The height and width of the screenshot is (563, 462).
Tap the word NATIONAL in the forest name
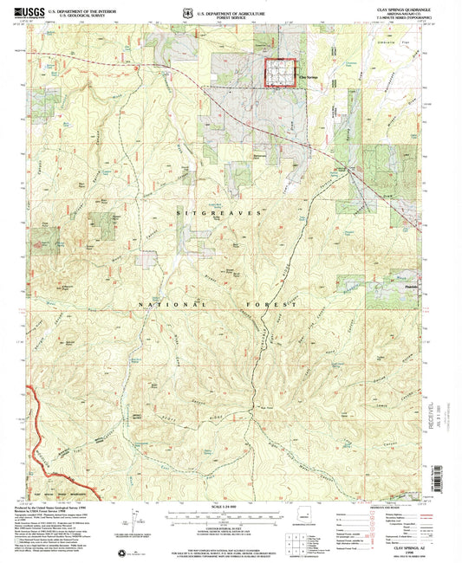click(x=166, y=305)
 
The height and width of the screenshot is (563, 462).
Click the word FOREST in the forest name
click(x=276, y=305)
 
